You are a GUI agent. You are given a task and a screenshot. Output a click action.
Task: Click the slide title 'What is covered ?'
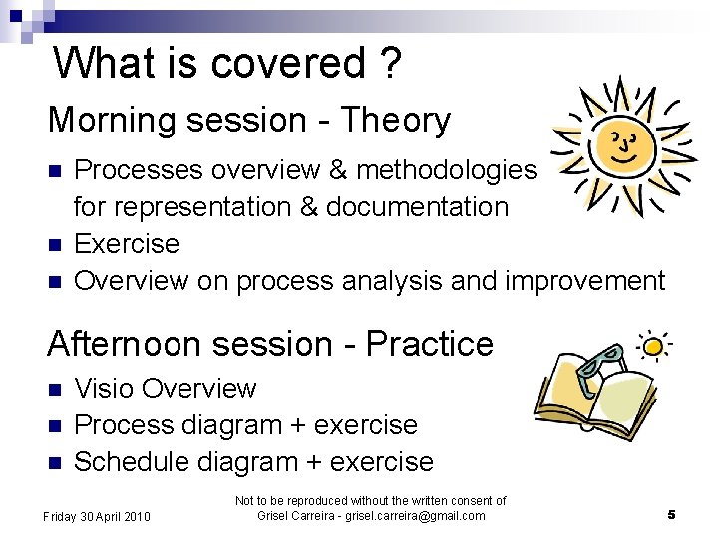click(228, 62)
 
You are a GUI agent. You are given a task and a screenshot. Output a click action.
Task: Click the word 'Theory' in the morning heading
click(396, 121)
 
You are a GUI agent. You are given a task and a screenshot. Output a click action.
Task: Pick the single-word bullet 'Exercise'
click(127, 244)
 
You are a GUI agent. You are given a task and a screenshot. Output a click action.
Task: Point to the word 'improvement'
click(584, 281)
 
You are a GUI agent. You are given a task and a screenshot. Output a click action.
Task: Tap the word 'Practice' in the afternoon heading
click(430, 344)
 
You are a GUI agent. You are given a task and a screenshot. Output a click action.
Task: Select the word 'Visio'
click(107, 388)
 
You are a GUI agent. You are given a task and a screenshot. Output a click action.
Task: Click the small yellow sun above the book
click(653, 346)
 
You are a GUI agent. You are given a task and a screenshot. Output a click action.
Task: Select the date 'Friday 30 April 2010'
click(96, 516)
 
